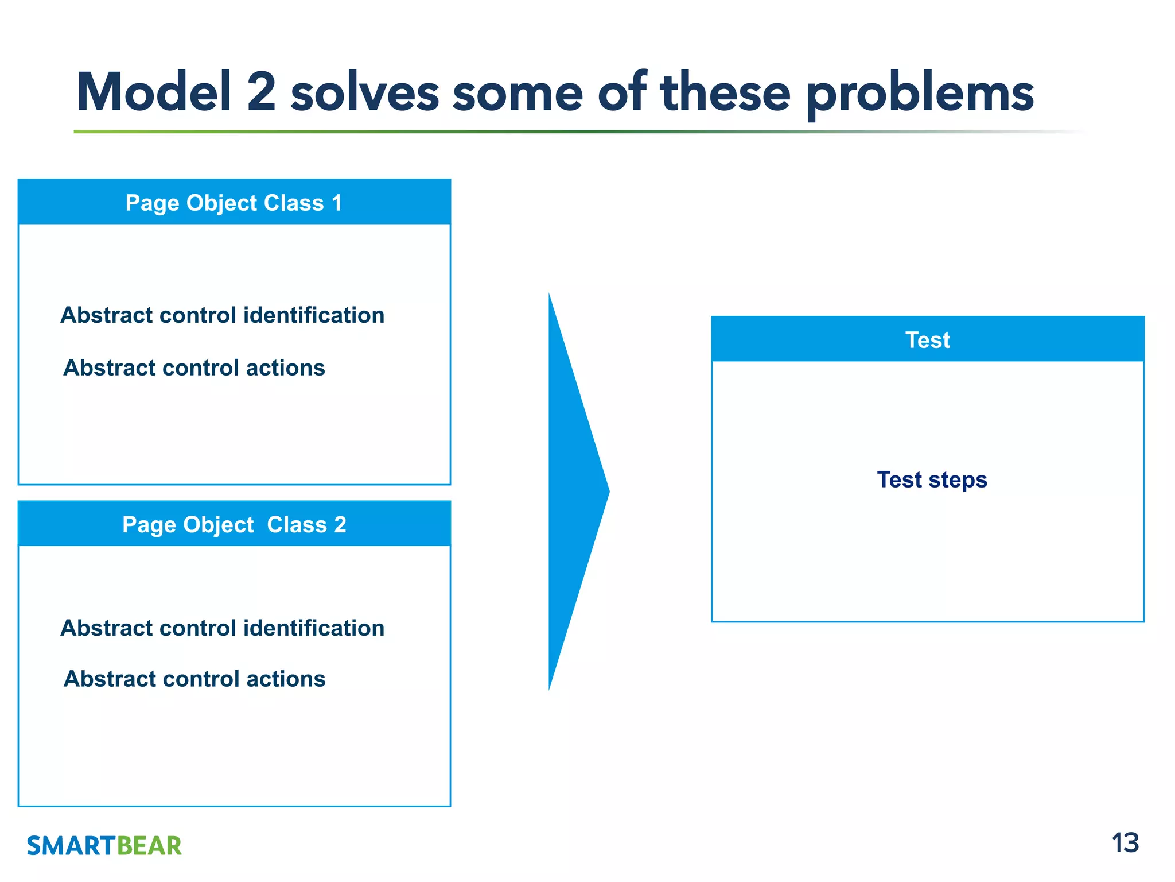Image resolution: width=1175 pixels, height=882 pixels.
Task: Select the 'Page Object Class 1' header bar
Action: pyautogui.click(x=234, y=203)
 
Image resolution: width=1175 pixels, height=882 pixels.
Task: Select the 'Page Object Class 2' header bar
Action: pyautogui.click(x=234, y=524)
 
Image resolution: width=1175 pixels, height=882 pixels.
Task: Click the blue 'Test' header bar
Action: pyautogui.click(x=927, y=339)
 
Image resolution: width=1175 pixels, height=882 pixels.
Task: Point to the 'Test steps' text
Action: pyautogui.click(x=932, y=479)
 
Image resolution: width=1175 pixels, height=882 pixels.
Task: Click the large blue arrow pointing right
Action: pyautogui.click(x=574, y=492)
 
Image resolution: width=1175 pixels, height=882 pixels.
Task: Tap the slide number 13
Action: pyautogui.click(x=1125, y=843)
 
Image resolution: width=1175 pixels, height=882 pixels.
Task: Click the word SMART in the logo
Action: pyautogui.click(x=71, y=846)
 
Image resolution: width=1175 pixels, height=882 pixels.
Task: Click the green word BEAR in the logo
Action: pyautogui.click(x=149, y=846)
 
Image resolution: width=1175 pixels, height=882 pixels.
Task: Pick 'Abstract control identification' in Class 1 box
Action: pyautogui.click(x=222, y=315)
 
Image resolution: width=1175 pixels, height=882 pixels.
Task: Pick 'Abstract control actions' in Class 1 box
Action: pyautogui.click(x=194, y=368)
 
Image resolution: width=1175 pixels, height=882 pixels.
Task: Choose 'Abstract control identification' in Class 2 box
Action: pyautogui.click(x=222, y=628)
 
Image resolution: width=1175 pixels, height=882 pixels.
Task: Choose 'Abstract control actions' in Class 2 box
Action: pyautogui.click(x=194, y=679)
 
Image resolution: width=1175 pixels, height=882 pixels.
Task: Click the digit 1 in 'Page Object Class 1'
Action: pyautogui.click(x=337, y=203)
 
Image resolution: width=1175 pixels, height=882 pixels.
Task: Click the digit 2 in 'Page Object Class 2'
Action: pyautogui.click(x=340, y=524)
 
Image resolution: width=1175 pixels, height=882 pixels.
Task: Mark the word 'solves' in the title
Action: pyautogui.click(x=365, y=93)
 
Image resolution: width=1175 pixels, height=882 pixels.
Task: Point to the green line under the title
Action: pyautogui.click(x=402, y=132)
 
